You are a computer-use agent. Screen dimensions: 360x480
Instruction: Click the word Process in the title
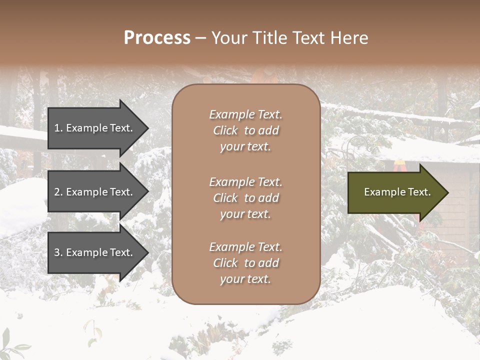[x=157, y=38]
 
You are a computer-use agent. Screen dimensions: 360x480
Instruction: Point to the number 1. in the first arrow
[x=58, y=128]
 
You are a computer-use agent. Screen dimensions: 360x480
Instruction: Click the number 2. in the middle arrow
[x=58, y=192]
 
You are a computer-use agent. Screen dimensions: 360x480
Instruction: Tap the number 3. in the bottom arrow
[x=58, y=252]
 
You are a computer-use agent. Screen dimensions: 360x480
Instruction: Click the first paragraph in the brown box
[x=245, y=130]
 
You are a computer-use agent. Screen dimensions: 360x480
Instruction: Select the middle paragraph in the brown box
[x=245, y=198]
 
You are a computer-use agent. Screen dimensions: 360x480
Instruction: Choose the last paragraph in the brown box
[x=245, y=263]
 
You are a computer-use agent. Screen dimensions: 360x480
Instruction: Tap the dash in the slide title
[x=200, y=38]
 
